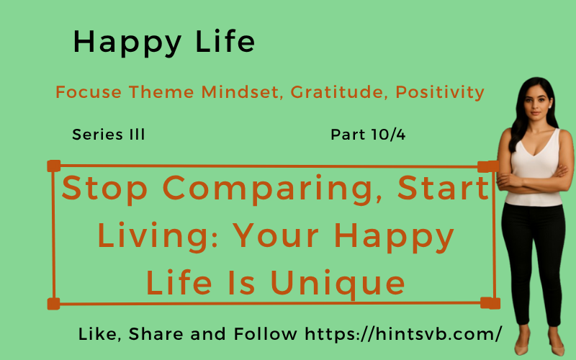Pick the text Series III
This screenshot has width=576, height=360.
pyautogui.click(x=109, y=135)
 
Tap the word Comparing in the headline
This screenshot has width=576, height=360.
pyautogui.click(x=273, y=189)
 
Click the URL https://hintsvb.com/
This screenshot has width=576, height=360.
pyautogui.click(x=403, y=334)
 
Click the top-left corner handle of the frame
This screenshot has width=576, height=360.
pyautogui.click(x=53, y=166)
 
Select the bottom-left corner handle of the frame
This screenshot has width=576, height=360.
pyautogui.click(x=53, y=303)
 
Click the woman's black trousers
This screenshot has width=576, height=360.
pyautogui.click(x=532, y=252)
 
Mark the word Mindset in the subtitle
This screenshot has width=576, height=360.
pyautogui.click(x=243, y=92)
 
